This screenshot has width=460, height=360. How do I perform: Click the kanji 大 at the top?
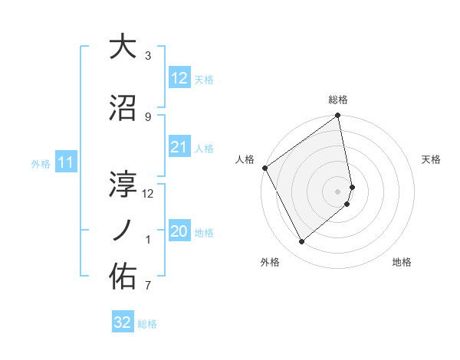pos(123,47)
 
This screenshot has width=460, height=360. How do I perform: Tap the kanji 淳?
pos(123,184)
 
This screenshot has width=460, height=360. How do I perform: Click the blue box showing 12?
pos(179,78)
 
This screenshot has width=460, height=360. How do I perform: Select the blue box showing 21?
pos(179,147)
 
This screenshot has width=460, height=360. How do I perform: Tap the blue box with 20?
pos(179,231)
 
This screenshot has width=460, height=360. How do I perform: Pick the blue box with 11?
pos(65,162)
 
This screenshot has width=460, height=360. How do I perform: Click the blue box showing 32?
pos(123,322)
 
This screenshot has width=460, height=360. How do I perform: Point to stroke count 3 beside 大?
pos(148,56)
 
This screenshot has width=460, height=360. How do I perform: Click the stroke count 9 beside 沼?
pos(148,116)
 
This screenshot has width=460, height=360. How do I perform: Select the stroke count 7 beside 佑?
pos(148,286)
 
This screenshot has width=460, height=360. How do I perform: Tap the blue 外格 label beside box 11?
pos(41,163)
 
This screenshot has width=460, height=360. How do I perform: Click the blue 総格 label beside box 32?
pos(147,323)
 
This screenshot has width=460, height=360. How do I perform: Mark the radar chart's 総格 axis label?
pos(338,100)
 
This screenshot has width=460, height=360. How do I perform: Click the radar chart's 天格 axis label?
pos(432,159)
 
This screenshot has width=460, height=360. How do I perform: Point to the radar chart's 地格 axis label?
pos(402,262)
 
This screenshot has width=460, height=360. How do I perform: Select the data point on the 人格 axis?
pos(264,168)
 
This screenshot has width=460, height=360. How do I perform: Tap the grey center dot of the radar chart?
pos(338,191)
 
